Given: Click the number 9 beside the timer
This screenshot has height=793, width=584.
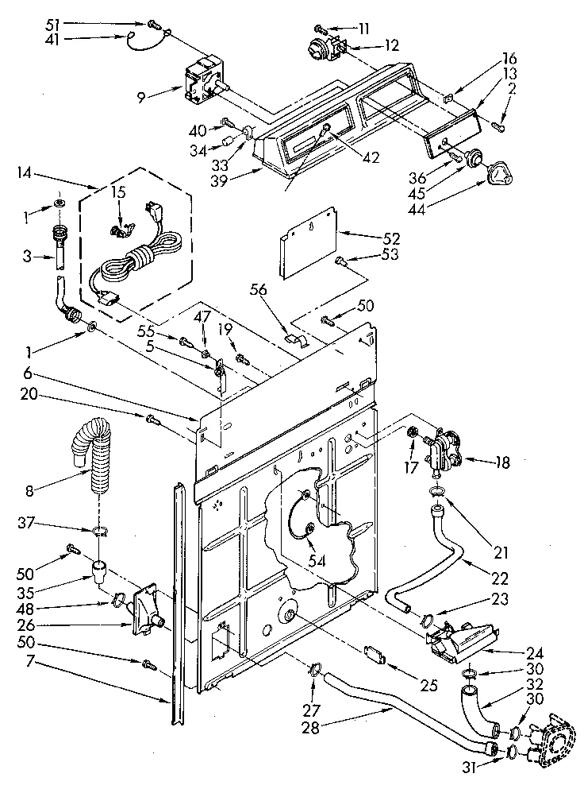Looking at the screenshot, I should [140, 97].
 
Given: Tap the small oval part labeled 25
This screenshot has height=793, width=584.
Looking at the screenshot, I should [375, 657].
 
